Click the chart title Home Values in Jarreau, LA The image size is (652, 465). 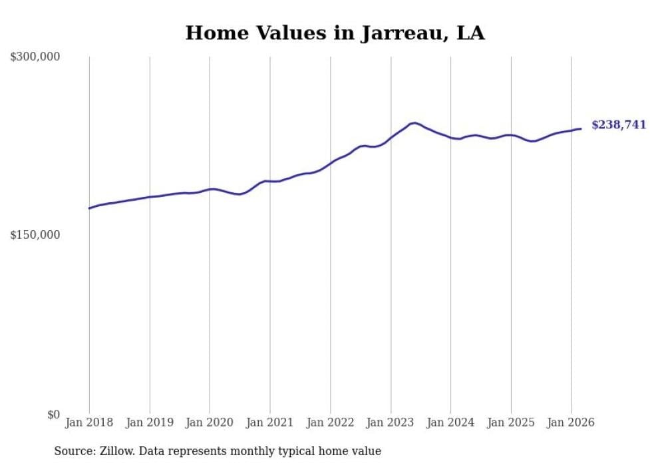335,33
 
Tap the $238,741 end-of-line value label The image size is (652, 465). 618,124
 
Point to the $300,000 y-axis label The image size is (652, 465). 35,57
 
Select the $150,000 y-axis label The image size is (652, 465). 35,235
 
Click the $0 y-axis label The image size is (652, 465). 53,414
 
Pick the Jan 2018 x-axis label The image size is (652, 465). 89,422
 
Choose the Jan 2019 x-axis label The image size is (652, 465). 150,422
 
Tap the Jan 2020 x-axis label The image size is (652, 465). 210,422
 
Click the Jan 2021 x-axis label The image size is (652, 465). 270,422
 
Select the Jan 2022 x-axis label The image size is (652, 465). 330,422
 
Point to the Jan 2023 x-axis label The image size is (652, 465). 391,422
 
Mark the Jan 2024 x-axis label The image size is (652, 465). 451,422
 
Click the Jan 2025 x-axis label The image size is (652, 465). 511,422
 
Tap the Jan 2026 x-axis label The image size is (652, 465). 571,422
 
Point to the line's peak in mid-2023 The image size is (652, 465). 414,123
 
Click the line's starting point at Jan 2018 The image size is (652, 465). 89,208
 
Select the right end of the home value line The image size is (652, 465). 581,128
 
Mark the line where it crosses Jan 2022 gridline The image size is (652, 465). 330,164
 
